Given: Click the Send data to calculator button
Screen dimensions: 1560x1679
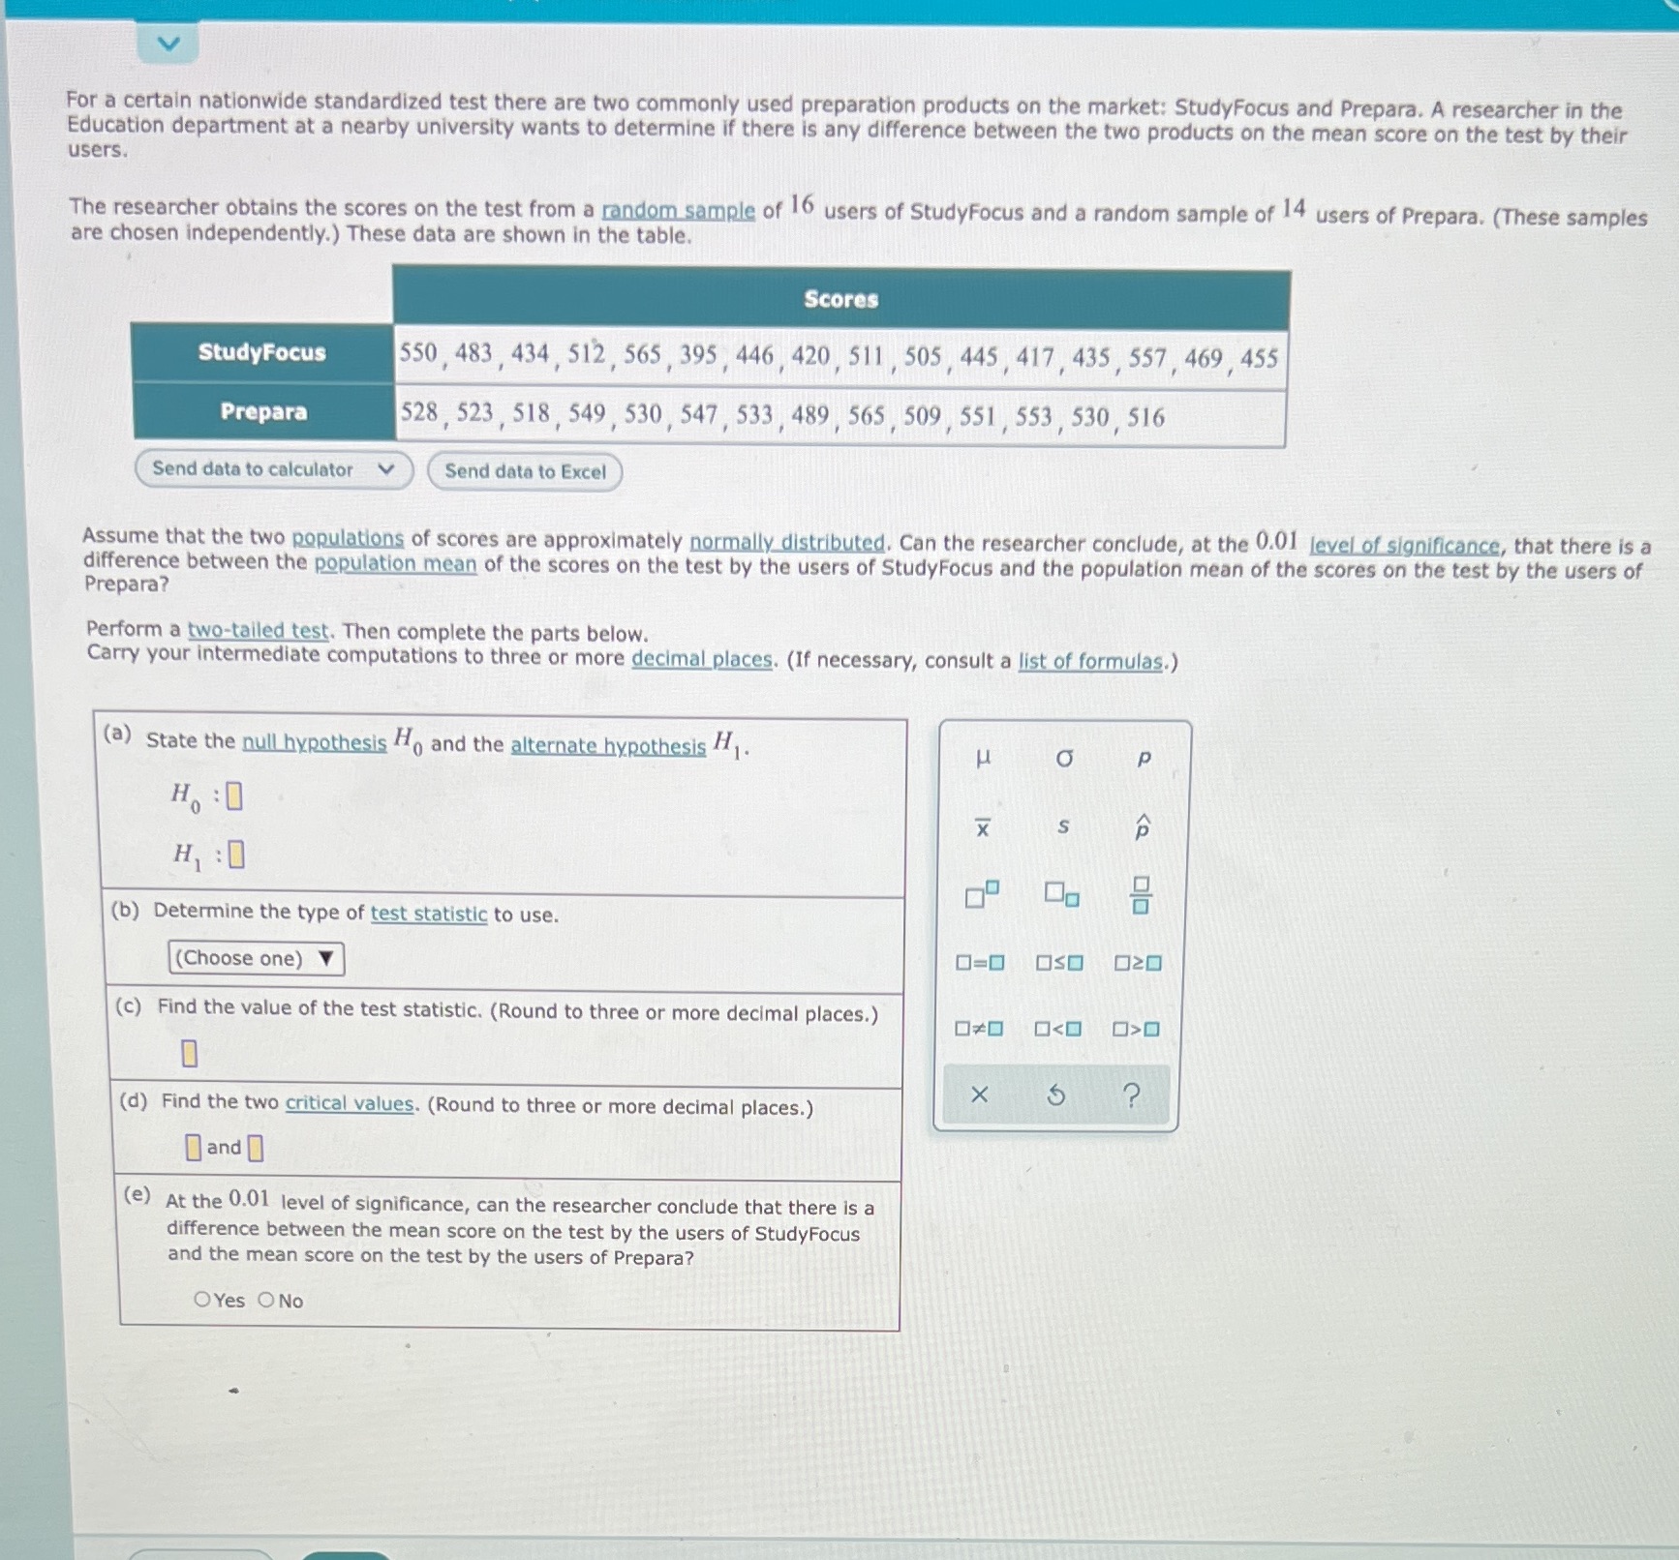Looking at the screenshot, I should click(x=273, y=469).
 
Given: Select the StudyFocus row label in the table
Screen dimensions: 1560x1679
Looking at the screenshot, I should click(x=262, y=352).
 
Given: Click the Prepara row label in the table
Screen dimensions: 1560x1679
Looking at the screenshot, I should click(x=263, y=412).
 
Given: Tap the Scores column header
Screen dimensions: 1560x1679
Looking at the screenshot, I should click(x=840, y=300).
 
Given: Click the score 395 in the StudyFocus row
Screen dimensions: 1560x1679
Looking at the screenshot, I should click(x=697, y=355).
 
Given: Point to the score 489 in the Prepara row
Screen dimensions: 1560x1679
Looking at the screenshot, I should click(x=809, y=416).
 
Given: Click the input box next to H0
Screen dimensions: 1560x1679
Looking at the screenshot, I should click(x=234, y=796).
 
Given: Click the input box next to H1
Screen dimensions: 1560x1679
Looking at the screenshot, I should click(x=236, y=855).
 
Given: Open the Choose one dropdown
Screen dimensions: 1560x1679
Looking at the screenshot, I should click(x=256, y=958).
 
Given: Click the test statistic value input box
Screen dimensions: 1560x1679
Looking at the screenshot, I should click(x=190, y=1053).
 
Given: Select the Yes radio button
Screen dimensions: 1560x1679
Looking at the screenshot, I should click(x=202, y=1300).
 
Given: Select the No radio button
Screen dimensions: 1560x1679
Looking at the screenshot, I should click(x=266, y=1300).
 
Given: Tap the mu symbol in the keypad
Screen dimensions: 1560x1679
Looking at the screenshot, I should click(x=983, y=759).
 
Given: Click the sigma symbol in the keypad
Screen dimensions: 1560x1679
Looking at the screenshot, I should click(x=1064, y=759).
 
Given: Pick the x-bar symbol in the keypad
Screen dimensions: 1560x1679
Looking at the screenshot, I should click(x=983, y=827).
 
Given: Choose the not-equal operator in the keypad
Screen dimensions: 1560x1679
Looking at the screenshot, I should click(x=979, y=1029).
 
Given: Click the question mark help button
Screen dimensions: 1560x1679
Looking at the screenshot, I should click(x=1131, y=1095).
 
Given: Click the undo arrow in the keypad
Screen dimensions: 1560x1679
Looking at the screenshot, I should click(x=1056, y=1095).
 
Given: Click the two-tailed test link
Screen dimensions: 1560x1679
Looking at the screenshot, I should click(x=258, y=631).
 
